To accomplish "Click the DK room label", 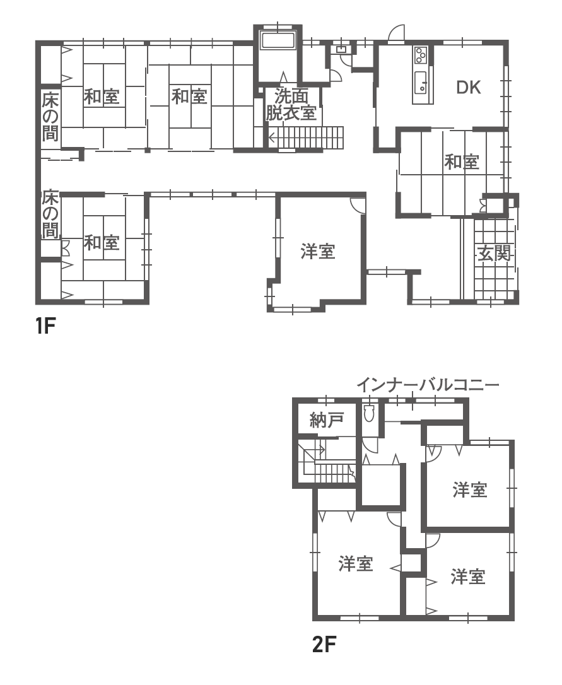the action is tap(469, 88).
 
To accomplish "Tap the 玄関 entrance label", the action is tap(494, 253).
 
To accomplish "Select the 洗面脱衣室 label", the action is tap(291, 105).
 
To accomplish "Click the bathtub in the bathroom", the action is tap(278, 40).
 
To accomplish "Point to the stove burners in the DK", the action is tap(421, 56).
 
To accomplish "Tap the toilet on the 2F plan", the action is tap(369, 412).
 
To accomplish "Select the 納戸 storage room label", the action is tap(327, 420).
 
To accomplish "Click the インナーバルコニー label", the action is tap(428, 385).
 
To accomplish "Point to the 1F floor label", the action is tap(46, 325).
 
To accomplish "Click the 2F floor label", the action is tap(324, 644).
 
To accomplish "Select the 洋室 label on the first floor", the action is tap(318, 252).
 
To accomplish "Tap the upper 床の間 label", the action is tap(50, 116).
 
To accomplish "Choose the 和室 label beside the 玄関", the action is tap(462, 162).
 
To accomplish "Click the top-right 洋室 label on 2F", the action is tap(470, 489).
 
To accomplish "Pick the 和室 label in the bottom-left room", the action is tap(102, 242).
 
